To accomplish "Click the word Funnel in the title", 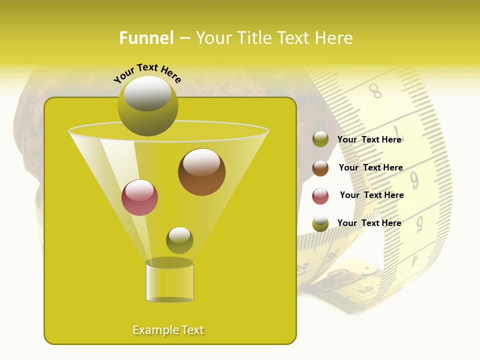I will (146, 38).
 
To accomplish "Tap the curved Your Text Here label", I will (147, 73).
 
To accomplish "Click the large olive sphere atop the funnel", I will (147, 105).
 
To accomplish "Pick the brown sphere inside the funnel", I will (201, 172).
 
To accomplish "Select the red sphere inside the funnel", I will (139, 197).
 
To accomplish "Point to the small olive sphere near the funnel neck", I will (179, 240).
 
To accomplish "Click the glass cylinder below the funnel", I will (169, 282).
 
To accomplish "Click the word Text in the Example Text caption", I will (192, 330).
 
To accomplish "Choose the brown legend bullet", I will (320, 168).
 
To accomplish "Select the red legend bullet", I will (320, 196).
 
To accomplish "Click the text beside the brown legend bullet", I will (370, 167).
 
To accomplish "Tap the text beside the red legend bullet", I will (371, 195).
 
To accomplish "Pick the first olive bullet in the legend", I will (320, 139).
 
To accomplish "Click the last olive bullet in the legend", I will (320, 223).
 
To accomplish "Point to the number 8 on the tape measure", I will (375, 91).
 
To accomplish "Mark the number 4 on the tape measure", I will (414, 260).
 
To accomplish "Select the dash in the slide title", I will (184, 38).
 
